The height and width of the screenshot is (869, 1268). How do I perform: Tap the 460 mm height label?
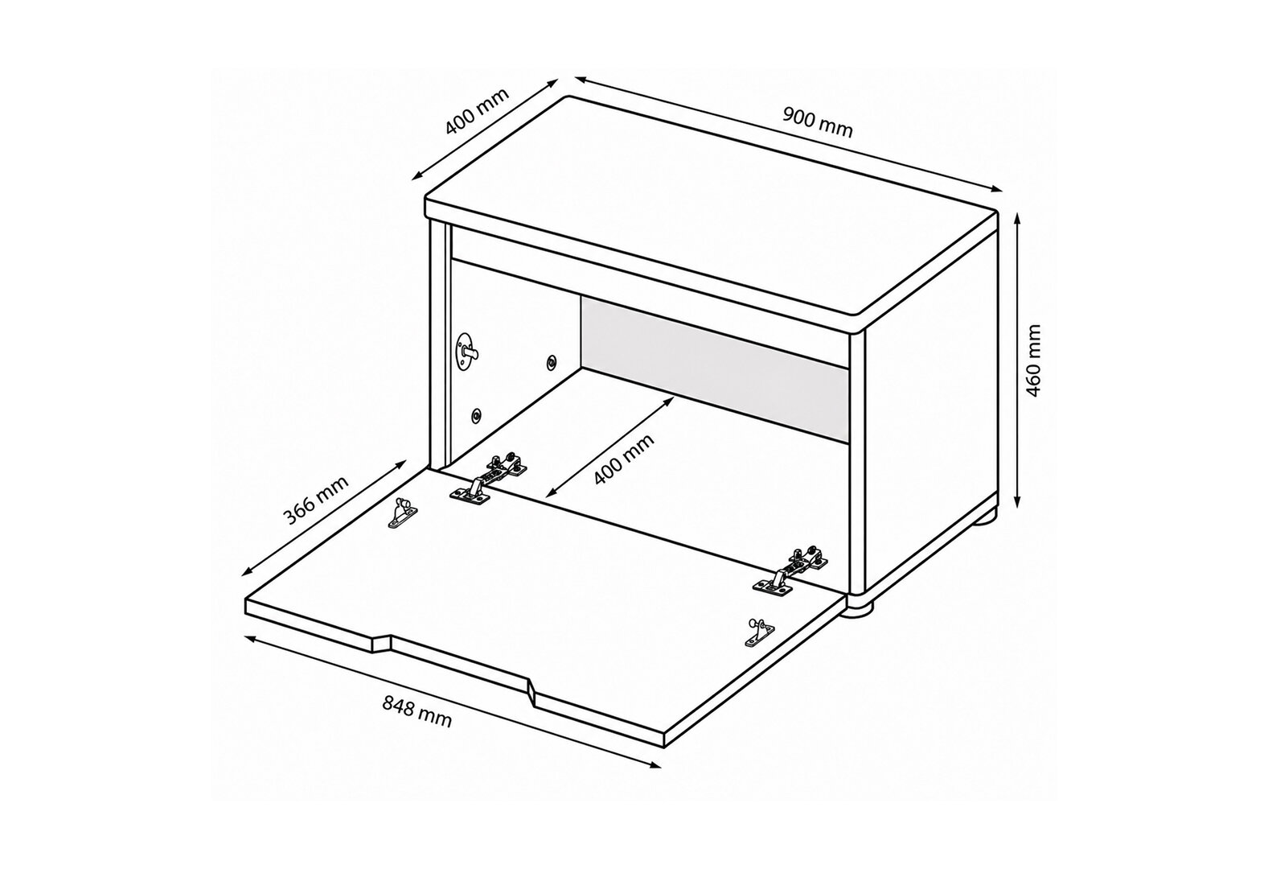[1034, 360]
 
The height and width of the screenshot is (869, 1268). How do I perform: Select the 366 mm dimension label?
[315, 500]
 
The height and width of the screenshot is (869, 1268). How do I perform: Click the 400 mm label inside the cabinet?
[624, 459]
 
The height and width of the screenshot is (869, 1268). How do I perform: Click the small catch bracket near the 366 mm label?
[403, 512]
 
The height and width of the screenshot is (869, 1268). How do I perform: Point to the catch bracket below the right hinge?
[759, 632]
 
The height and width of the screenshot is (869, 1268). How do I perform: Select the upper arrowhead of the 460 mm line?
[1018, 219]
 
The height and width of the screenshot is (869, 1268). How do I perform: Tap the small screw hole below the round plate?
[477, 416]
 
